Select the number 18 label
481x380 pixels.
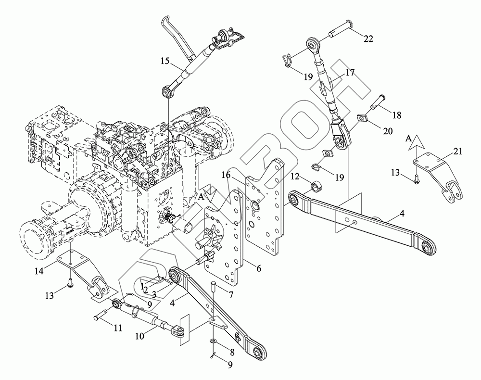pos(396,115)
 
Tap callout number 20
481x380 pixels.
pos(387,131)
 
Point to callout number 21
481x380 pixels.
pos(457,152)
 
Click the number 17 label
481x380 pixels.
pos(350,74)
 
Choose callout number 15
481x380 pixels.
pos(165,61)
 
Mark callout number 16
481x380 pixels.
pos(226,176)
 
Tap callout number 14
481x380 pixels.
pos(41,271)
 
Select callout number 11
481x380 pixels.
pos(117,328)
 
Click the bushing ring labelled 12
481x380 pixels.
pos(316,185)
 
